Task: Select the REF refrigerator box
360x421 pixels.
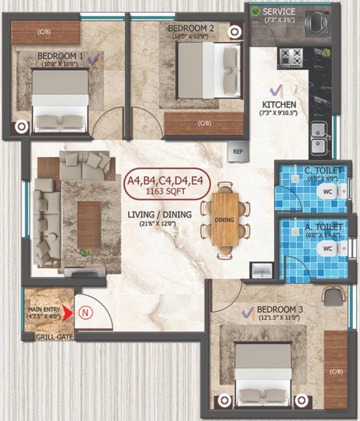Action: (238, 151)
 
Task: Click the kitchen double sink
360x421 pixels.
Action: (318, 138)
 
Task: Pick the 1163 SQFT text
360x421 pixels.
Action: (167, 192)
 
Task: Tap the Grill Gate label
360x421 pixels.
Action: (55, 337)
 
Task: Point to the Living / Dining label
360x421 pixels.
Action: (159, 214)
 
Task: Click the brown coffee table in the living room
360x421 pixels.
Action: (89, 225)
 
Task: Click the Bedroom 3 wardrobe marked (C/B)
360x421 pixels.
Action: (335, 370)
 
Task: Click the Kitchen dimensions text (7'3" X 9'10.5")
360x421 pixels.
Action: (279, 113)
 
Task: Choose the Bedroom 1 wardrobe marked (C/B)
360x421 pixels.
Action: (45, 32)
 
